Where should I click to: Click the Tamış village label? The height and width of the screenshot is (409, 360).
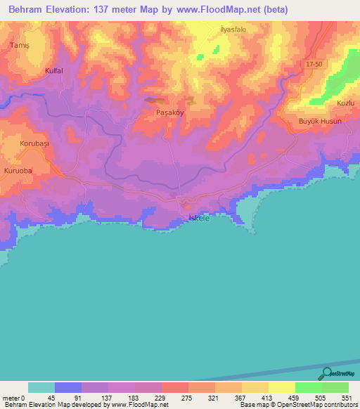click(x=18, y=44)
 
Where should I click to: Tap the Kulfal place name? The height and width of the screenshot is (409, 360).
click(x=53, y=71)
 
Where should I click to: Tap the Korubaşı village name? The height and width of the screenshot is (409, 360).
click(x=34, y=143)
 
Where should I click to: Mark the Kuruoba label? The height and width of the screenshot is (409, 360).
click(x=19, y=171)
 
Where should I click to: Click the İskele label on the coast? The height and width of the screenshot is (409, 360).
click(x=200, y=219)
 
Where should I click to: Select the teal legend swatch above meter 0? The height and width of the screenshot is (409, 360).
click(x=41, y=387)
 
